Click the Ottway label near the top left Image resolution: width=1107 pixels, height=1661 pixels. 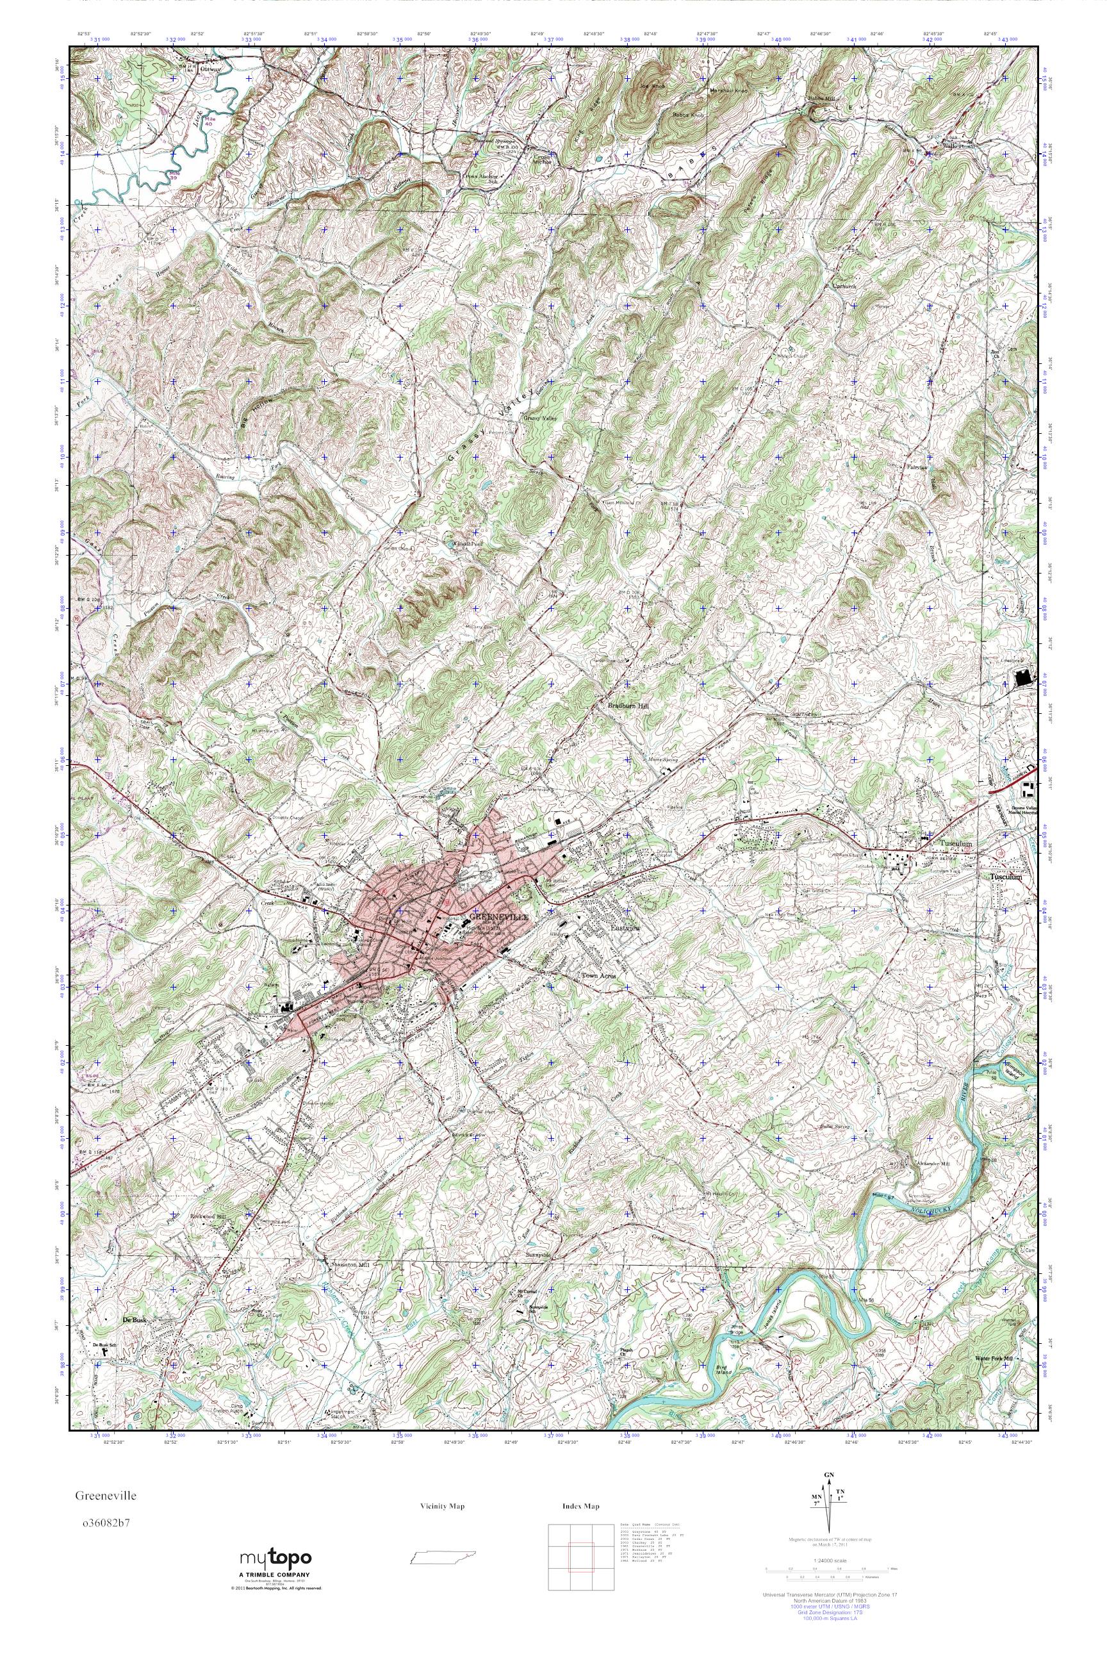[x=209, y=69]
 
